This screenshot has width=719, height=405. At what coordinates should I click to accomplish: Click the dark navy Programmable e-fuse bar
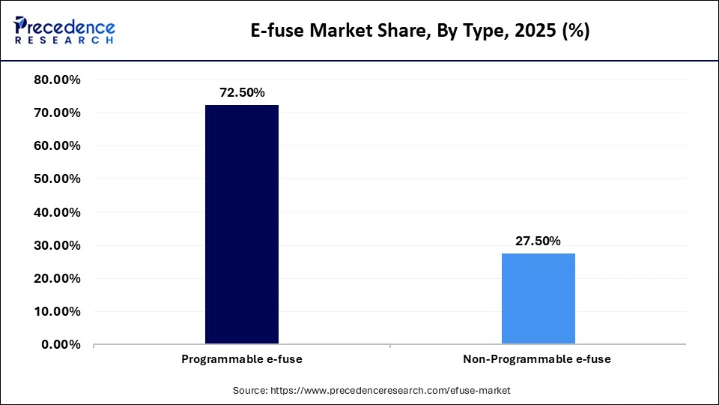[241, 224]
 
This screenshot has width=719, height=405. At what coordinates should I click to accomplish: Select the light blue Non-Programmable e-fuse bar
[538, 298]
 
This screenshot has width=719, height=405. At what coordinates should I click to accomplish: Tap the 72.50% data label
[241, 93]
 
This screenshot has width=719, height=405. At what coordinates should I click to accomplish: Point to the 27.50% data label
[538, 241]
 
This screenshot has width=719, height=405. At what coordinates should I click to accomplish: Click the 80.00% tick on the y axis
[58, 79]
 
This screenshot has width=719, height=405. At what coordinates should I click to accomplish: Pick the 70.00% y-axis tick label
[58, 112]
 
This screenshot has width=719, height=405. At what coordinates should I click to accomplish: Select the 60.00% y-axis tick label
[58, 145]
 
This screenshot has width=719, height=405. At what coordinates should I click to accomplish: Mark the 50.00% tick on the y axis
[58, 178]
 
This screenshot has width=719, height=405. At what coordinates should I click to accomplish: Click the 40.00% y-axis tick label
[58, 212]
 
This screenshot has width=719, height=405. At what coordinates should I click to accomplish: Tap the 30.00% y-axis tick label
[58, 245]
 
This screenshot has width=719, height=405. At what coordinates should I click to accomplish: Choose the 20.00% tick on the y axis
[58, 278]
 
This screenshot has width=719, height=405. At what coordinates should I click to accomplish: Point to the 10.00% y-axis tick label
[58, 311]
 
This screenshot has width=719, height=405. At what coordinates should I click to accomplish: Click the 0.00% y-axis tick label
[61, 344]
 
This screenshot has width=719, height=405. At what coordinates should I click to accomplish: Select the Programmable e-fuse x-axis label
[241, 359]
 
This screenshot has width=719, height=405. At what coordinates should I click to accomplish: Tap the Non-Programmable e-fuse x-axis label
[537, 359]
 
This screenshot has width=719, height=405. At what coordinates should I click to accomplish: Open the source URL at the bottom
[371, 391]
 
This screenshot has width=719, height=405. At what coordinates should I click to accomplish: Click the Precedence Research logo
[64, 31]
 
